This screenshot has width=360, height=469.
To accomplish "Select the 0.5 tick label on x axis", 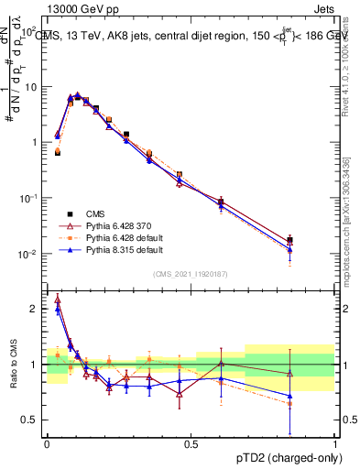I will coord(191,444).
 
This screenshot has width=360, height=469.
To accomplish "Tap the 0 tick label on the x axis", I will coord(47,444).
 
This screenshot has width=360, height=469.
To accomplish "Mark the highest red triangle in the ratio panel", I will coord(58,299).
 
